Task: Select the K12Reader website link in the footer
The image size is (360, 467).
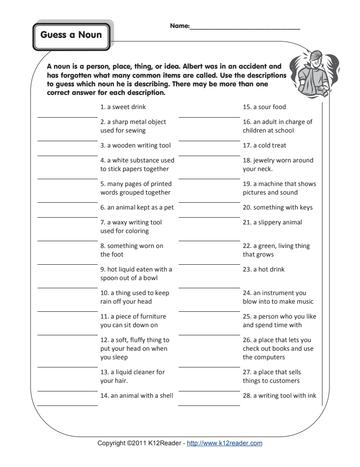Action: (224, 443)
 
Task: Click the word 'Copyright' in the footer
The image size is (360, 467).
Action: (112, 443)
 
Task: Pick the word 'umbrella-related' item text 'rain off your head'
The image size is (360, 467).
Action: (126, 302)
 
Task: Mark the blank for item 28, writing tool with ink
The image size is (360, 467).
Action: (209, 405)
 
